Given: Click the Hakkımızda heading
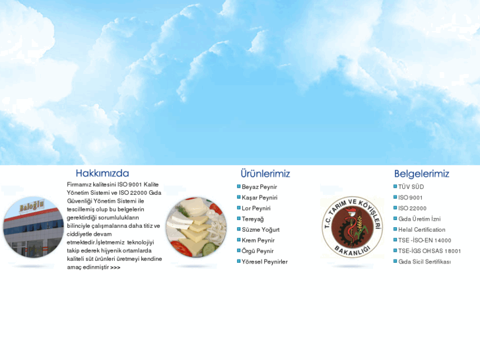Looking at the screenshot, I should tap(102, 174).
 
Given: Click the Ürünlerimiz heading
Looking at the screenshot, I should tap(265, 174).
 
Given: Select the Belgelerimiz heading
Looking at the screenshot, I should tap(421, 174).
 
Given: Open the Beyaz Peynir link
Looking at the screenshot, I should tap(259, 187).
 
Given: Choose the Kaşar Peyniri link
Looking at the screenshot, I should tap(259, 198).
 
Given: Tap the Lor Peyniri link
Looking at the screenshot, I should tap(256, 208).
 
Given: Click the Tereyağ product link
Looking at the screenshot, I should tap(252, 219).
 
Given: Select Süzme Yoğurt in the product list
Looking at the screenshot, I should tap(260, 229).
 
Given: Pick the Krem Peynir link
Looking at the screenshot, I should tap(258, 240).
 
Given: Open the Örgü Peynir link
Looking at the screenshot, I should tap(257, 251).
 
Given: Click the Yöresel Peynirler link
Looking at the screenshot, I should tap(265, 262).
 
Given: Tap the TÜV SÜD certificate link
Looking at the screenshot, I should tap(411, 187).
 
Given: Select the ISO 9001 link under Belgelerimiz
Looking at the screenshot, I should tap(410, 198).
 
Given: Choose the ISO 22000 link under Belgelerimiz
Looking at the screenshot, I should tap(412, 208).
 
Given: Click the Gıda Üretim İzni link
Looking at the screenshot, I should tap(419, 219).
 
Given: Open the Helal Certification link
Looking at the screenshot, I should tap(421, 230).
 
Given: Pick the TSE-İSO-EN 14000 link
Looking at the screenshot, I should tap(425, 240).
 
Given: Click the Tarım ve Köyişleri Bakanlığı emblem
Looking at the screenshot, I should tap(352, 227).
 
